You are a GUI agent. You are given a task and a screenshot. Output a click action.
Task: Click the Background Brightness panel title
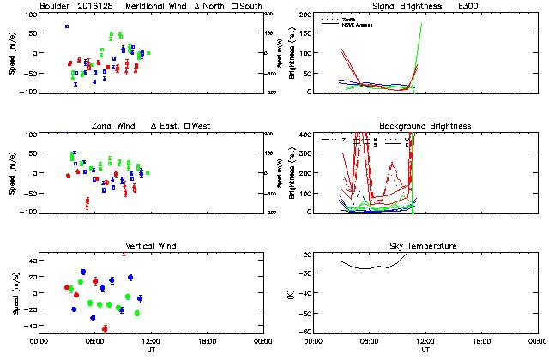point(425,126)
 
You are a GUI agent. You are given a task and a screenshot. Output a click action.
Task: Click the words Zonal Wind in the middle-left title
point(113,126)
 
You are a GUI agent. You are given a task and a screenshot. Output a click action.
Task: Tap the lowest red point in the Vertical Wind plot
point(105,328)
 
